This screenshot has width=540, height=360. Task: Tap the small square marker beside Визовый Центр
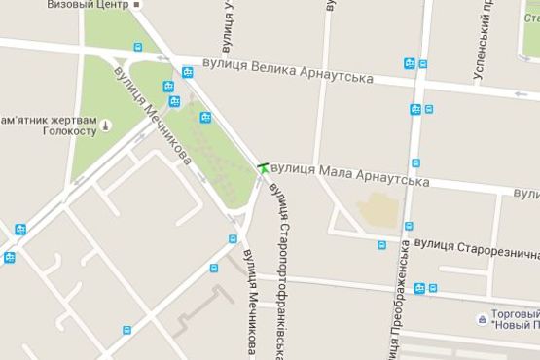click(x=137, y=5)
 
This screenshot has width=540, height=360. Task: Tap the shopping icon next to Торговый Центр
click(x=482, y=319)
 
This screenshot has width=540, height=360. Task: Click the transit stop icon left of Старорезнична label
click(x=381, y=245)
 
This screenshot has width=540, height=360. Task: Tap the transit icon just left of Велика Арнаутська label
click(x=187, y=71)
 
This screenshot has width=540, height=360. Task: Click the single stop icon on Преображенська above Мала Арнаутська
click(x=415, y=162)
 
